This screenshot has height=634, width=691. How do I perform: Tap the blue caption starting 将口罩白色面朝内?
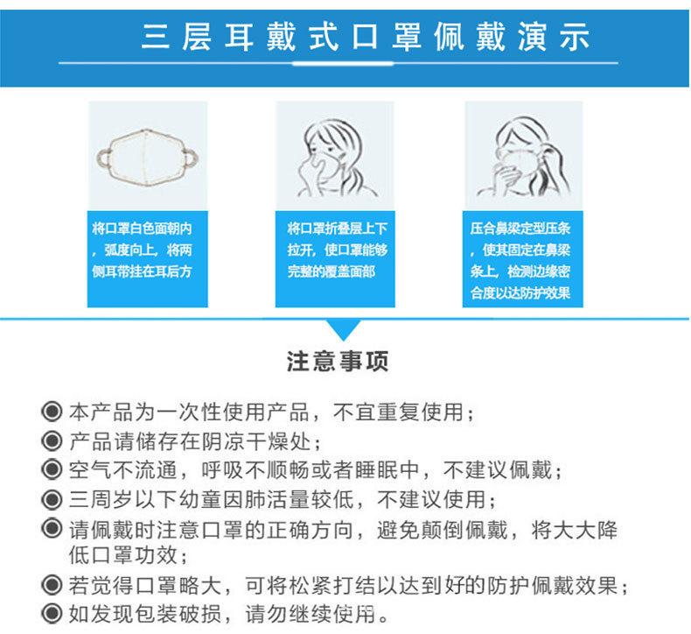click(147, 249)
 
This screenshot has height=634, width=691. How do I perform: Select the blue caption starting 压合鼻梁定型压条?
click(519, 260)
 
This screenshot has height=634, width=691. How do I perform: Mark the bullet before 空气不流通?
click(52, 471)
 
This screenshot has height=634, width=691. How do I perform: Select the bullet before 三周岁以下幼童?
click(52, 500)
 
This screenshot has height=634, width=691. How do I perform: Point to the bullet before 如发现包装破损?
click(52, 611)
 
